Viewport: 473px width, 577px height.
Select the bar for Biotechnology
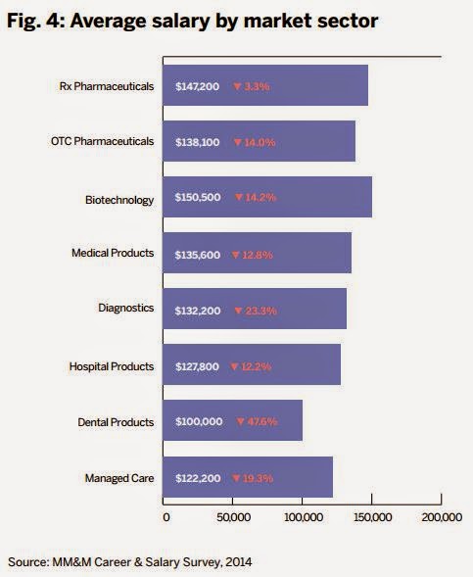[x=265, y=198]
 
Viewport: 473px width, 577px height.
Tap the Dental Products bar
[x=231, y=421]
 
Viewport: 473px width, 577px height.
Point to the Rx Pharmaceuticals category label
[x=108, y=86]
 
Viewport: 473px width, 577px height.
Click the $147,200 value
[x=194, y=86]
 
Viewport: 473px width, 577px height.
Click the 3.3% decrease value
[x=258, y=86]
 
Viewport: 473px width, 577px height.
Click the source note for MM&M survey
[x=136, y=561]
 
